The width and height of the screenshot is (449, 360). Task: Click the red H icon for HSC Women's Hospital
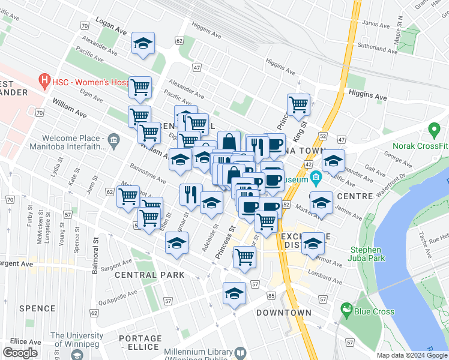click(43, 79)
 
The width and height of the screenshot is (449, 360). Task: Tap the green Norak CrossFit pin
click(434, 130)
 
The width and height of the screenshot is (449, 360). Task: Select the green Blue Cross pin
click(346, 310)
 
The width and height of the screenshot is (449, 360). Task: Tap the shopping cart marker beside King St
click(298, 105)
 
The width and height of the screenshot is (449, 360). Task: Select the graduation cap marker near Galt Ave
click(333, 160)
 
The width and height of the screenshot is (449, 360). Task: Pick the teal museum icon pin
click(316, 178)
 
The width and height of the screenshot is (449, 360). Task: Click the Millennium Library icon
click(240, 352)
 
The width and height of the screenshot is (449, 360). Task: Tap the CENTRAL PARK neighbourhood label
click(149, 275)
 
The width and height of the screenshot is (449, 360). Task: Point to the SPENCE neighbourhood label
click(37, 308)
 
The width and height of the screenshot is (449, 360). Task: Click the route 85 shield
click(271, 295)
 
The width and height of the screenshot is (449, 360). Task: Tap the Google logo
click(20, 352)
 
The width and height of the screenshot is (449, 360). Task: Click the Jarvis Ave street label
click(376, 25)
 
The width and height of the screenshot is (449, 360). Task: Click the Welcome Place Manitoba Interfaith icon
click(112, 142)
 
